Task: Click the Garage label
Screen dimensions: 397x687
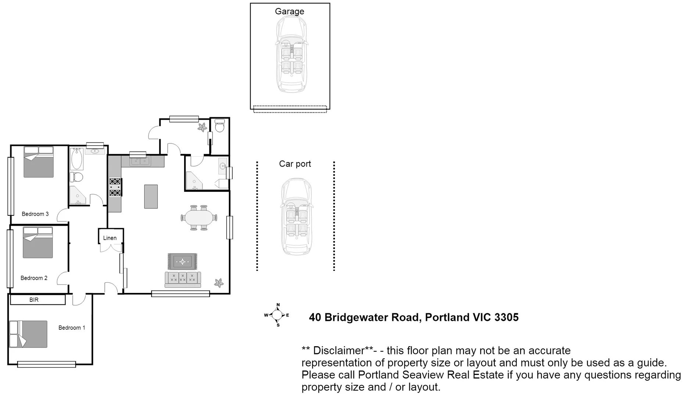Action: tap(289, 11)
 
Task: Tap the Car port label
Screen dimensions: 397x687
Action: tap(295, 164)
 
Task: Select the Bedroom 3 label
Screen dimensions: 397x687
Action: tap(35, 214)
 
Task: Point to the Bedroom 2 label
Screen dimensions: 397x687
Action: tap(34, 278)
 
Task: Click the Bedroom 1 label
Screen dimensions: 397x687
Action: tap(72, 328)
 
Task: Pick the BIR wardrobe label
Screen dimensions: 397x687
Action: tap(34, 300)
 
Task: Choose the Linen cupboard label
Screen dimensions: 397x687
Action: tap(110, 238)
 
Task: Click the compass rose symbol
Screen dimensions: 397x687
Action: tap(277, 315)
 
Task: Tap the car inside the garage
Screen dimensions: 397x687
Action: tap(291, 54)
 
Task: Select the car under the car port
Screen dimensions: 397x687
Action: tap(296, 217)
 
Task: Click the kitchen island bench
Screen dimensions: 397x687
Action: tap(151, 196)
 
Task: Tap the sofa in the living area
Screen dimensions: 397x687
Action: tap(183, 279)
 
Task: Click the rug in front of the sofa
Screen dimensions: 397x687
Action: tap(183, 262)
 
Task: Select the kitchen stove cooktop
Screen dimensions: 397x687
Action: tap(115, 187)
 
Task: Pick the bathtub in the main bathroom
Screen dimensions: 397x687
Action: tap(77, 158)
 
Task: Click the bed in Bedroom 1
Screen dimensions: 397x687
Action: tap(28, 334)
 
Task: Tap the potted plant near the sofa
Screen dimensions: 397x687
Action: tap(219, 283)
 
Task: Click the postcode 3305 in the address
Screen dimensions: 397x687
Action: tap(507, 317)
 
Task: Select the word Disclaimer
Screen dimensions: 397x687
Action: tap(338, 351)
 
